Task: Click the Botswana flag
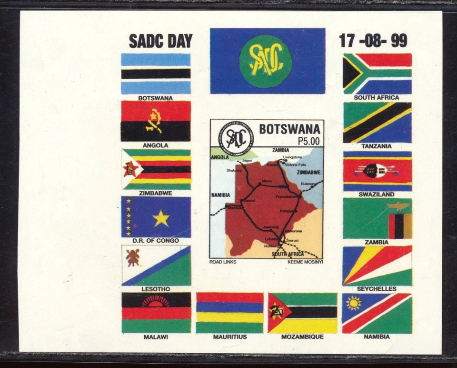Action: [x=156, y=73]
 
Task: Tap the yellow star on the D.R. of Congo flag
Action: [x=161, y=218]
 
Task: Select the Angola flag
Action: [x=156, y=121]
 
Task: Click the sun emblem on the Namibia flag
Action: [x=354, y=303]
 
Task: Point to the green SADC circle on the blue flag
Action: [x=265, y=61]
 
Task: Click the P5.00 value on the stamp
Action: [x=308, y=141]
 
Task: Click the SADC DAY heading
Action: [x=160, y=41]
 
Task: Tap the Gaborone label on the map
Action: [x=293, y=231]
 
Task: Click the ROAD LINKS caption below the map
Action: [x=223, y=262]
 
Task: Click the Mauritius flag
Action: [x=229, y=313]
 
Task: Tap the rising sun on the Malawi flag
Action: [x=156, y=302]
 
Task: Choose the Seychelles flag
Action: [x=377, y=266]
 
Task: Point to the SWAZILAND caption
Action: [x=377, y=194]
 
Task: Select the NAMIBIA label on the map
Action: [x=220, y=195]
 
